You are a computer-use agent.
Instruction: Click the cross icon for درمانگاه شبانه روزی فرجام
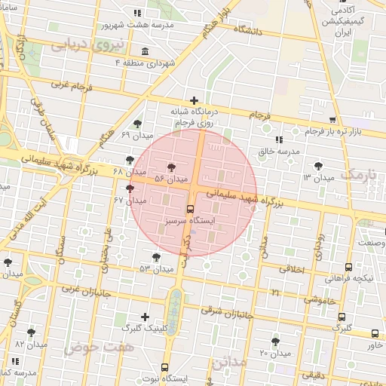coord(195,100)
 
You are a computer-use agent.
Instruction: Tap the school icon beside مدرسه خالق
coord(280,139)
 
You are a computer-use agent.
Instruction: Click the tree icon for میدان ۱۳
coord(320,166)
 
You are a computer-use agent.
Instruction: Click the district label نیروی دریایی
coord(81,45)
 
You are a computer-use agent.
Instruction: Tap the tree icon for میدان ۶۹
coord(136,124)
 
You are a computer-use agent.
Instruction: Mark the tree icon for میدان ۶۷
coord(130,188)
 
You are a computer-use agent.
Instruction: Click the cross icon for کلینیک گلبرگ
coord(145,317)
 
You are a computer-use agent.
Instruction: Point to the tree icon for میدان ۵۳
coord(156,257)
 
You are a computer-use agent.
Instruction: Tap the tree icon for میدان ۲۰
coord(275,342)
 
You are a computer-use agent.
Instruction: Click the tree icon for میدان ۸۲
coord(31,332)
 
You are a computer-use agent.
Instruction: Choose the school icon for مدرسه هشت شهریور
coord(136,13)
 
